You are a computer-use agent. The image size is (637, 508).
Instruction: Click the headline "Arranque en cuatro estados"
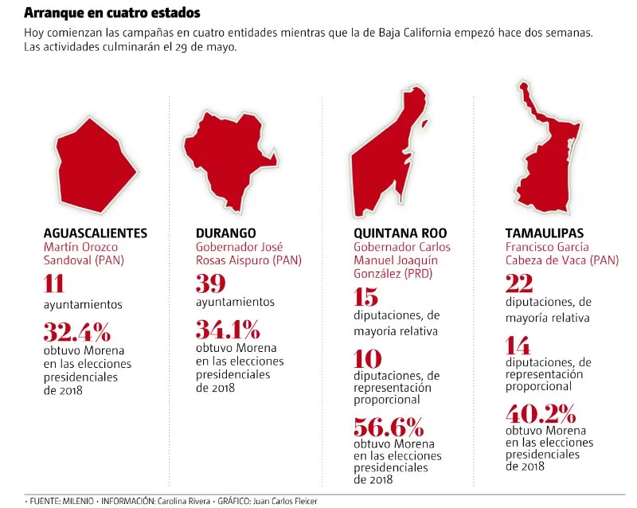click(x=112, y=13)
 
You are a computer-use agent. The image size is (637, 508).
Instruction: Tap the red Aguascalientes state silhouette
click(x=96, y=166)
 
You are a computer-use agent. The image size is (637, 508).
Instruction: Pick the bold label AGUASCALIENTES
click(x=96, y=233)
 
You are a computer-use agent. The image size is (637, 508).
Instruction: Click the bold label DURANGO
click(x=226, y=233)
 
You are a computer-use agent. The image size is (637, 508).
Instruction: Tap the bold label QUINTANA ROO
click(x=401, y=233)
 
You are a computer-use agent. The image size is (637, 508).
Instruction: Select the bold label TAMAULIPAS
click(x=545, y=233)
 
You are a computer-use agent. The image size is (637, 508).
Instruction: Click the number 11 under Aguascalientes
click(x=54, y=283)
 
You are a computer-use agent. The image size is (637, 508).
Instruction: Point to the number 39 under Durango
click(x=210, y=283)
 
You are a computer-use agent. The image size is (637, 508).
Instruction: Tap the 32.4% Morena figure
click(x=77, y=332)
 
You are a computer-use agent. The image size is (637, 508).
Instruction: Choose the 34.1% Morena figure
click(x=228, y=330)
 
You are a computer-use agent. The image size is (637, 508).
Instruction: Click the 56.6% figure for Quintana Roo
click(x=389, y=427)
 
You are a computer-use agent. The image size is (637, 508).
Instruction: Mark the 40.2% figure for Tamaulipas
click(x=541, y=414)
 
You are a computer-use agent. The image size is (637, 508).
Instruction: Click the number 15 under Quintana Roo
click(x=365, y=297)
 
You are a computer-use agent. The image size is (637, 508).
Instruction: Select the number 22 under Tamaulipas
click(x=519, y=283)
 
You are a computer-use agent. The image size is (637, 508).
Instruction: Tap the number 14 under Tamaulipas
click(x=518, y=346)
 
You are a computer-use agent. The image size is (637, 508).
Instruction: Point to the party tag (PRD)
click(x=418, y=273)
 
